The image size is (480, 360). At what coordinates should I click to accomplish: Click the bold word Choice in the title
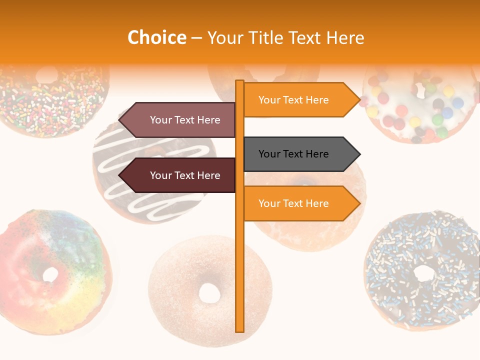(x=156, y=37)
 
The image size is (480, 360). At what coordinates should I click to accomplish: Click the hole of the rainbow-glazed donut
(x=50, y=274)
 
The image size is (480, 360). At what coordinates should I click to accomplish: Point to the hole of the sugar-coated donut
(x=209, y=293)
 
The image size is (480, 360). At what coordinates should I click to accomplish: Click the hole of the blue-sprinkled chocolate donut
(x=424, y=273)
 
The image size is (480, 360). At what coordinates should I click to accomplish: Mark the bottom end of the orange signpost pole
(x=240, y=330)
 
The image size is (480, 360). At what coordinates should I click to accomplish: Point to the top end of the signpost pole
(x=240, y=81)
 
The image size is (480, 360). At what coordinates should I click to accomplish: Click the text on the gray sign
(x=293, y=154)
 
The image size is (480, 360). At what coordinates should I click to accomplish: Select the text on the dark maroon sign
(x=185, y=175)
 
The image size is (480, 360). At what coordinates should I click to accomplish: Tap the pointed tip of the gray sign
(x=359, y=154)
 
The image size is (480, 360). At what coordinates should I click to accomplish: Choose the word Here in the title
(x=345, y=37)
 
